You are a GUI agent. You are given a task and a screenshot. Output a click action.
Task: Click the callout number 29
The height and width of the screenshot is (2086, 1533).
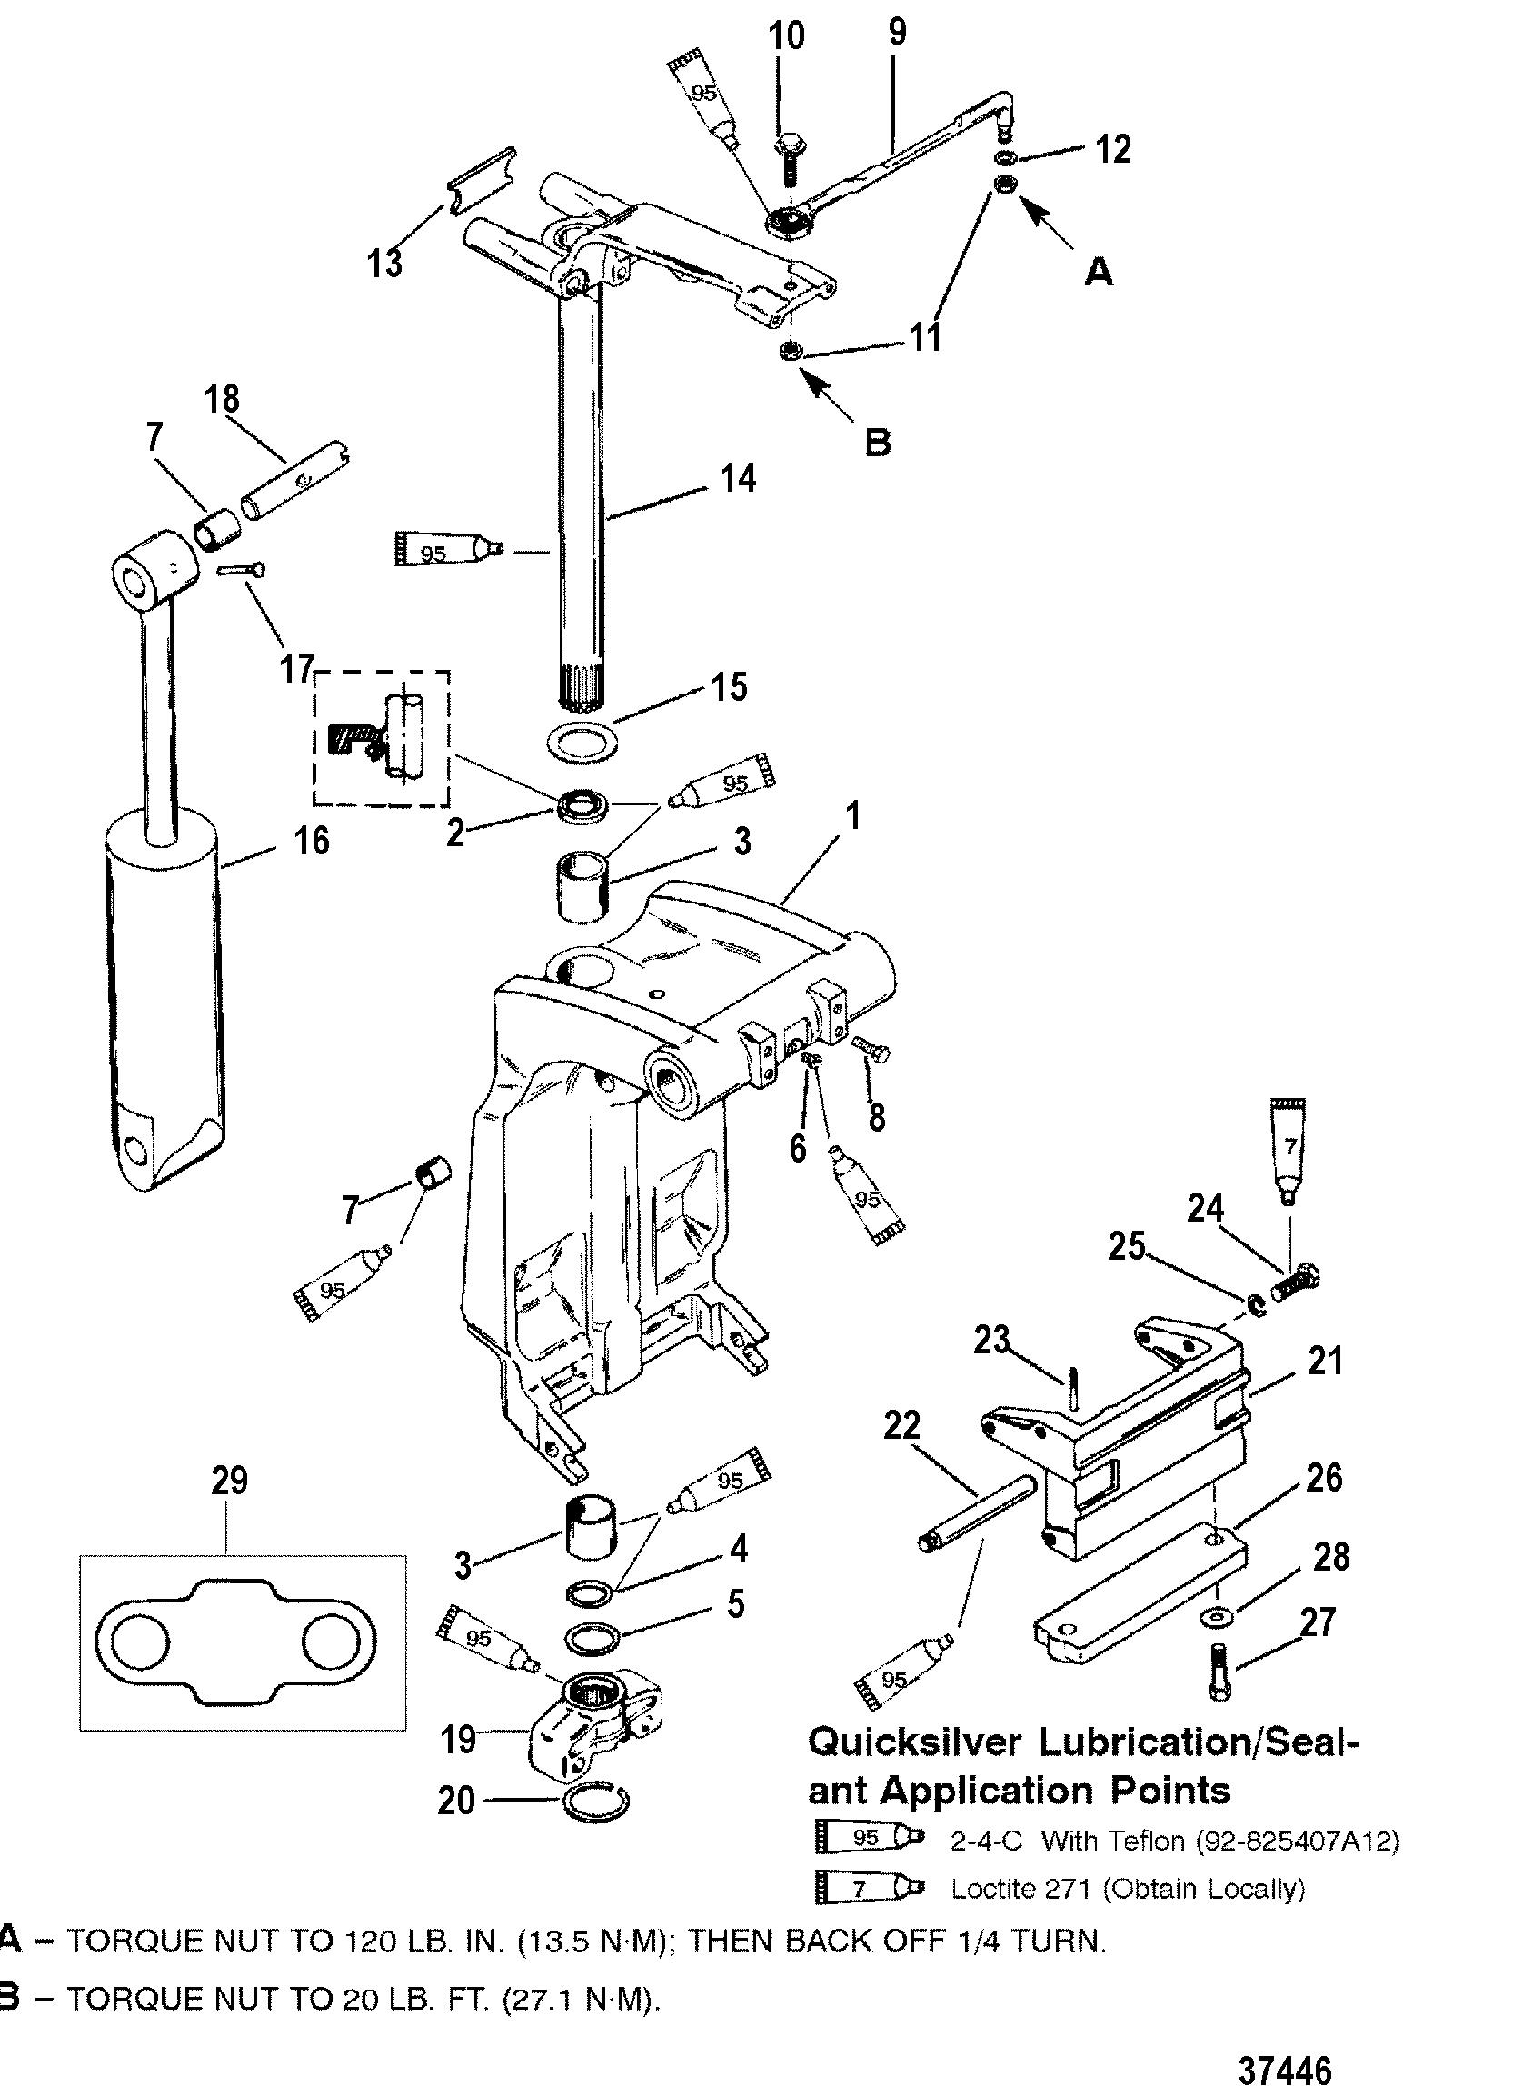(229, 1481)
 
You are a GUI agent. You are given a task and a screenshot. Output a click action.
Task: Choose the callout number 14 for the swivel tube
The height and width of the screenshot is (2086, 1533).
(738, 479)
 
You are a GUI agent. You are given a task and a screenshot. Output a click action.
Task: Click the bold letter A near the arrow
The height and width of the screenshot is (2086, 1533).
(1098, 272)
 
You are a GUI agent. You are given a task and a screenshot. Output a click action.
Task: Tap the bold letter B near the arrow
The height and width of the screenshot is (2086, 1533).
(877, 442)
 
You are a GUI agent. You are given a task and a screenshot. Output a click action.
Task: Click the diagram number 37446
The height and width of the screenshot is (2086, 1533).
(1285, 2039)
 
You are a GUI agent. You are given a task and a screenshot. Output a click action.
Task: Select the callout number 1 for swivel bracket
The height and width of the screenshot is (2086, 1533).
(852, 816)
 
